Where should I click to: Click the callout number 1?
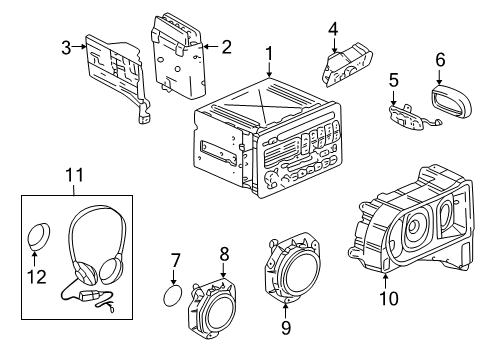coord(269,52)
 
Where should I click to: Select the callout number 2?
coord(227,45)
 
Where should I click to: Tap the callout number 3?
coord(67,46)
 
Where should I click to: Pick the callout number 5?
coord(394,79)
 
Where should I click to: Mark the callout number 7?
coord(174,262)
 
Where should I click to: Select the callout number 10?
coord(383,296)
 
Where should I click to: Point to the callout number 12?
coord(36,276)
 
